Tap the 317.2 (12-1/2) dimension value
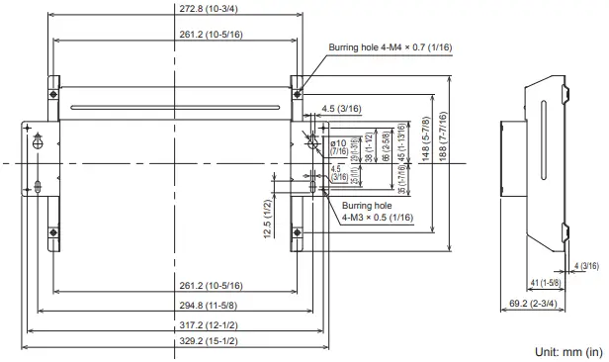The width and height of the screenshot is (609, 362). coord(172,324)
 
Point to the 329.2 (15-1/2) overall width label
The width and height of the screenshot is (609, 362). coord(172,341)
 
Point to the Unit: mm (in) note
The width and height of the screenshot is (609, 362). coord(567,352)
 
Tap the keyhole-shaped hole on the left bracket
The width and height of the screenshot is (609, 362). coord(38,142)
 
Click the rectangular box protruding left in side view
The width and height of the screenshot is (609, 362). coord(510,158)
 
